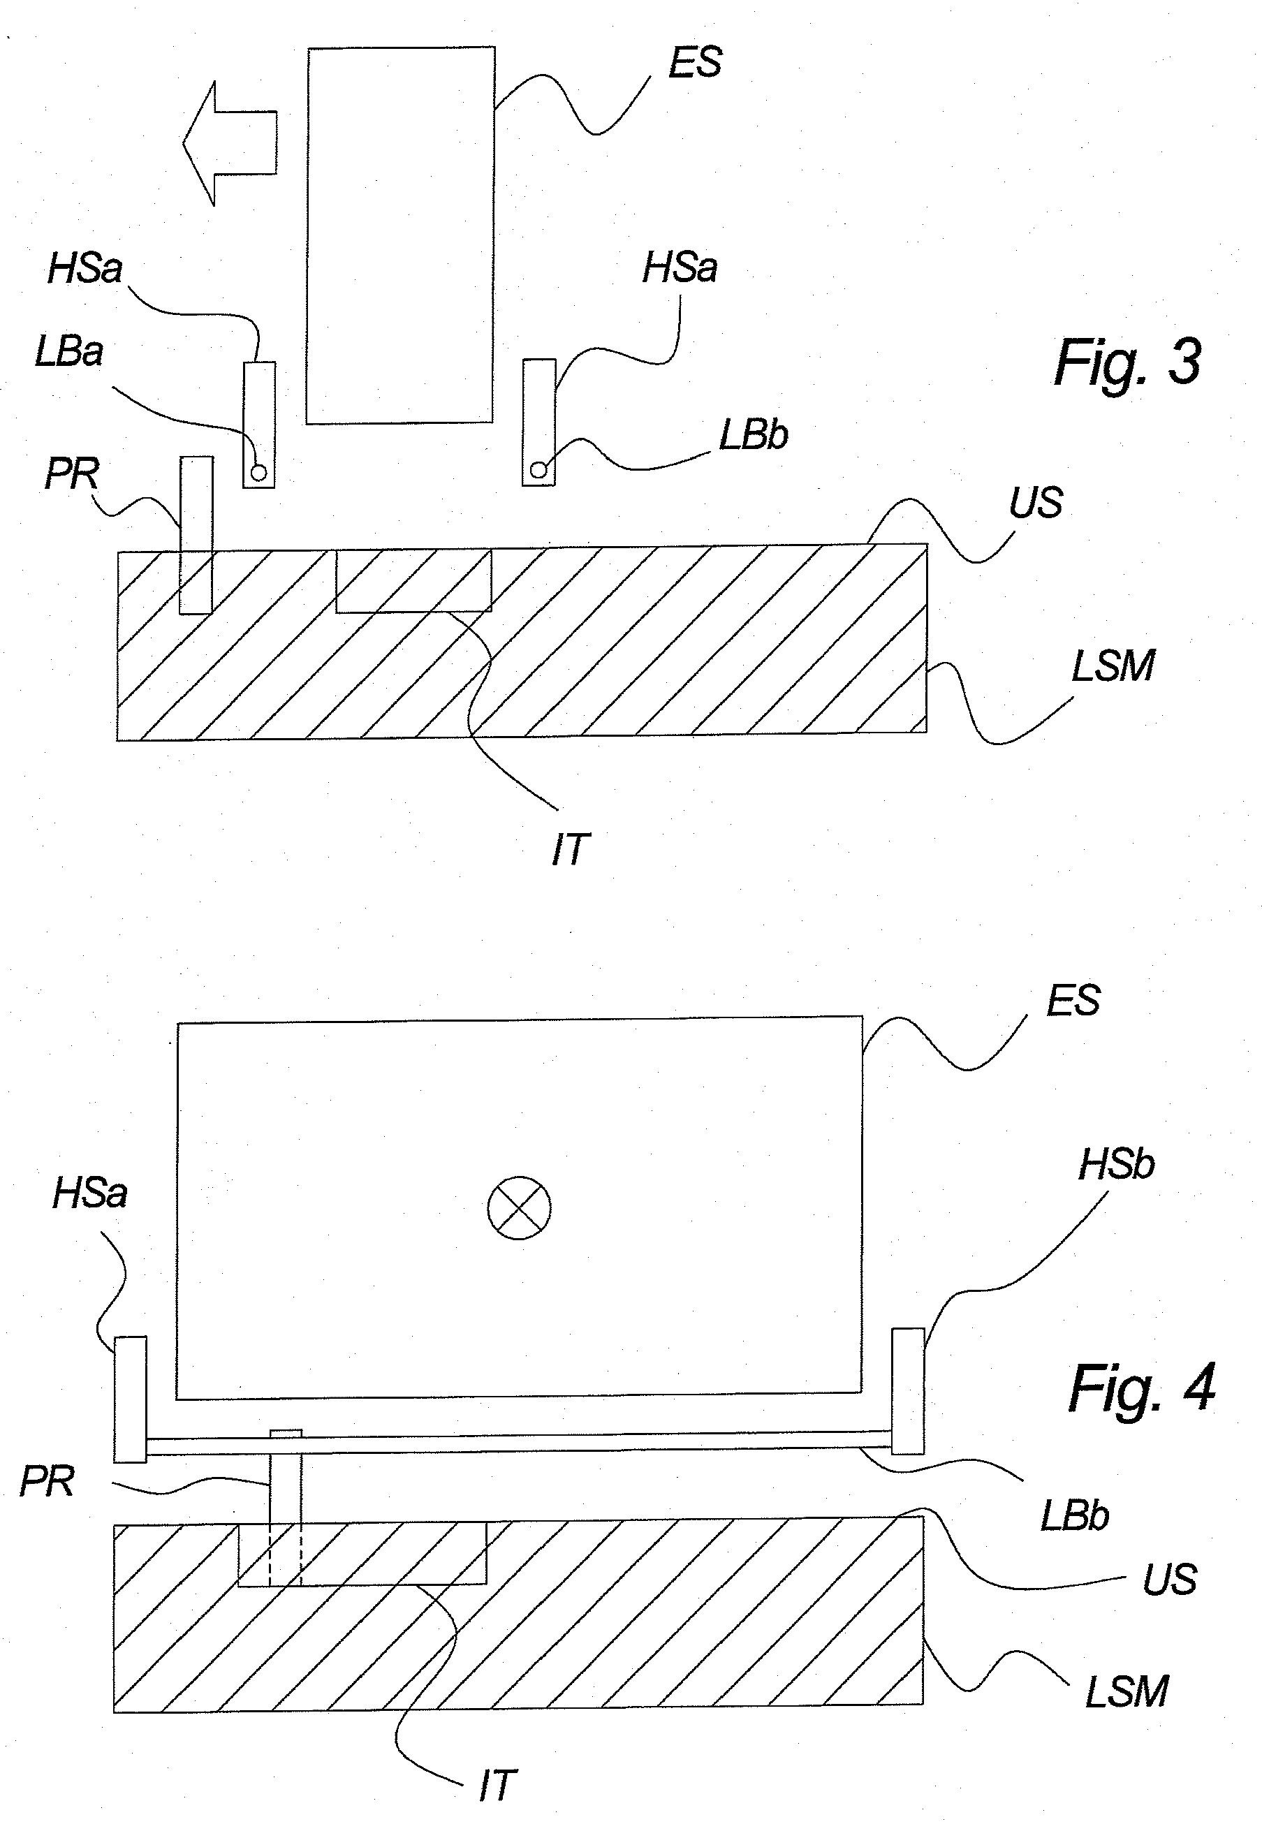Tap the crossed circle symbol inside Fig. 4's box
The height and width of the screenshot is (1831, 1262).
pos(519,1209)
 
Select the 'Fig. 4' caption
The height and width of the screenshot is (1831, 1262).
pos(1141,1389)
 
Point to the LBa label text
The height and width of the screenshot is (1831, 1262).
pos(69,352)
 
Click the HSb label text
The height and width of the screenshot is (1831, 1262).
pos(1116,1165)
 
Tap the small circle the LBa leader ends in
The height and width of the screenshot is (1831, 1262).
pos(258,473)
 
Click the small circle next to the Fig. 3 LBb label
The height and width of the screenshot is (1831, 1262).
pos(538,469)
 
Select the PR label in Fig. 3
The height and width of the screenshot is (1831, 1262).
pos(71,474)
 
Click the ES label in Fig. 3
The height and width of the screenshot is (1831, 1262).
pos(694,62)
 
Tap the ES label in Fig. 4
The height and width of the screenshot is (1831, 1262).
pos(1072,1000)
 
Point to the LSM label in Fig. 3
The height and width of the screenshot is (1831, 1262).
pos(1113,666)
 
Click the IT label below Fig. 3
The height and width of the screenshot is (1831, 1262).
pos(570,850)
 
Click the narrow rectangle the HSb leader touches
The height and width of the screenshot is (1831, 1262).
pos(908,1392)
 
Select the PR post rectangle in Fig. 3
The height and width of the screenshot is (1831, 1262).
pos(196,534)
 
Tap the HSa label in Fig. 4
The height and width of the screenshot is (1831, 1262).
pos(89,1193)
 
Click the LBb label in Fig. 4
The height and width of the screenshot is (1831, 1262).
pos(1074,1515)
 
